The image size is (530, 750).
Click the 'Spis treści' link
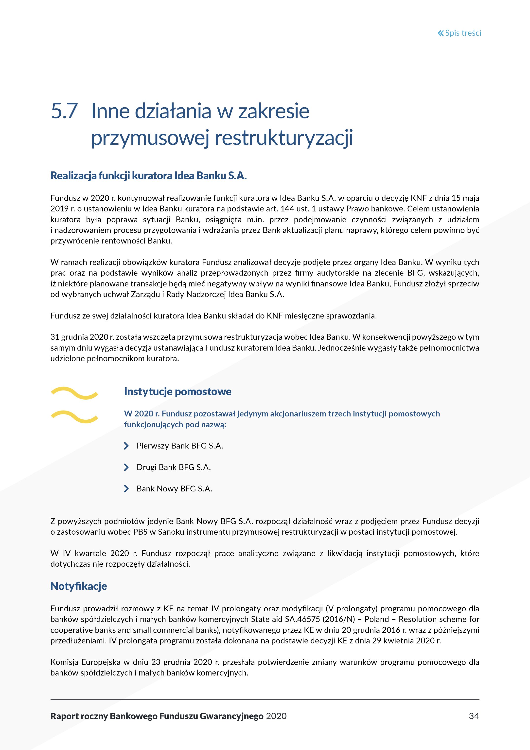pos(462,33)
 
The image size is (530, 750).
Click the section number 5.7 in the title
pos(64,111)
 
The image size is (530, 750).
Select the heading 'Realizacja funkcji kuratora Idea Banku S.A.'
pos(148,176)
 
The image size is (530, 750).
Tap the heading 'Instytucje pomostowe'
pos(177,391)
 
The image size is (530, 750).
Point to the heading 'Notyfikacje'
pos(79,586)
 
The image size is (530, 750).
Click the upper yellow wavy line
pos(74,393)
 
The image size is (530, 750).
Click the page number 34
pos(474,716)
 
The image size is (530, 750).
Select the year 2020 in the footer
pos(276,716)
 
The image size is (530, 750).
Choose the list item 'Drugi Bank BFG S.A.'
pos(174,468)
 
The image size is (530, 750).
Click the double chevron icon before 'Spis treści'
pos(441,33)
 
